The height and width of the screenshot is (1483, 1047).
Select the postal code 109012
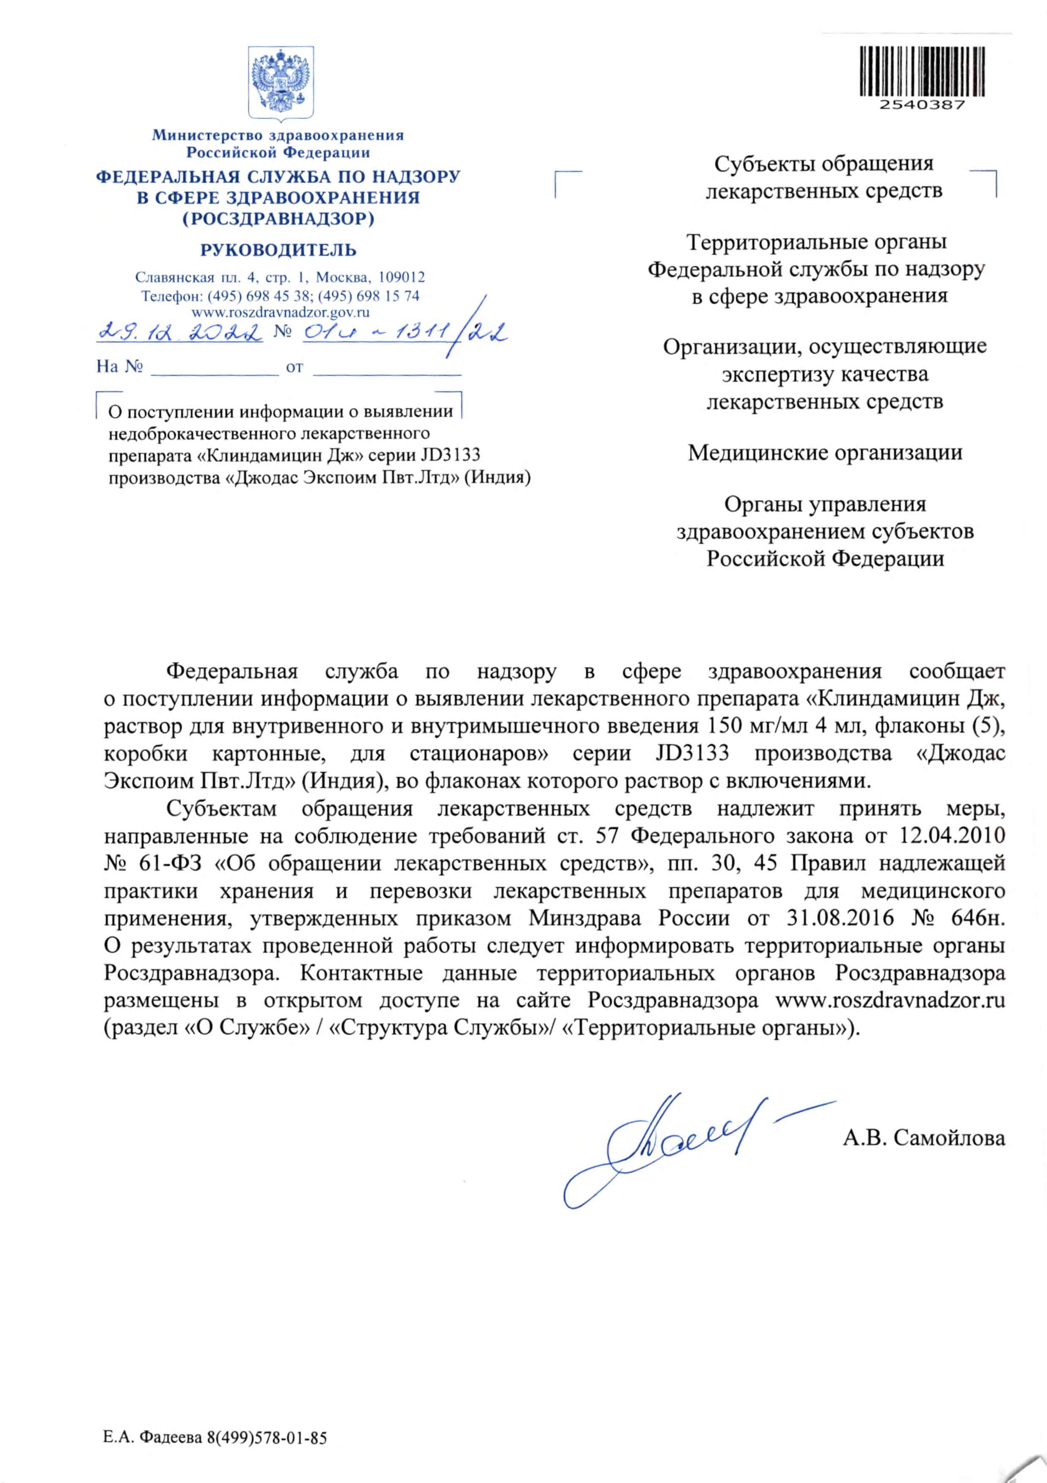(401, 278)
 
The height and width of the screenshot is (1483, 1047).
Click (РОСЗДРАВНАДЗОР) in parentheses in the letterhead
(278, 219)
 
